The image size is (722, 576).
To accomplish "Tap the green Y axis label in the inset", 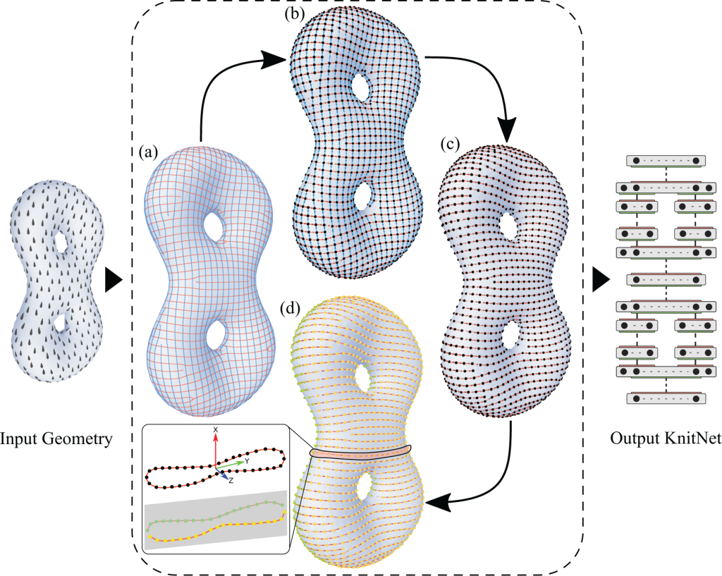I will (x=247, y=460).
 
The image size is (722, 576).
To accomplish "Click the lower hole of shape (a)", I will (x=215, y=333).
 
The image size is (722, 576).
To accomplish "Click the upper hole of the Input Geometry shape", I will (x=61, y=242).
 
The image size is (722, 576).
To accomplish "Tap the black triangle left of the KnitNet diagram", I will (x=601, y=279).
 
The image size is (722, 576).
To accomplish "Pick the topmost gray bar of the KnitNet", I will (x=663, y=161).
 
